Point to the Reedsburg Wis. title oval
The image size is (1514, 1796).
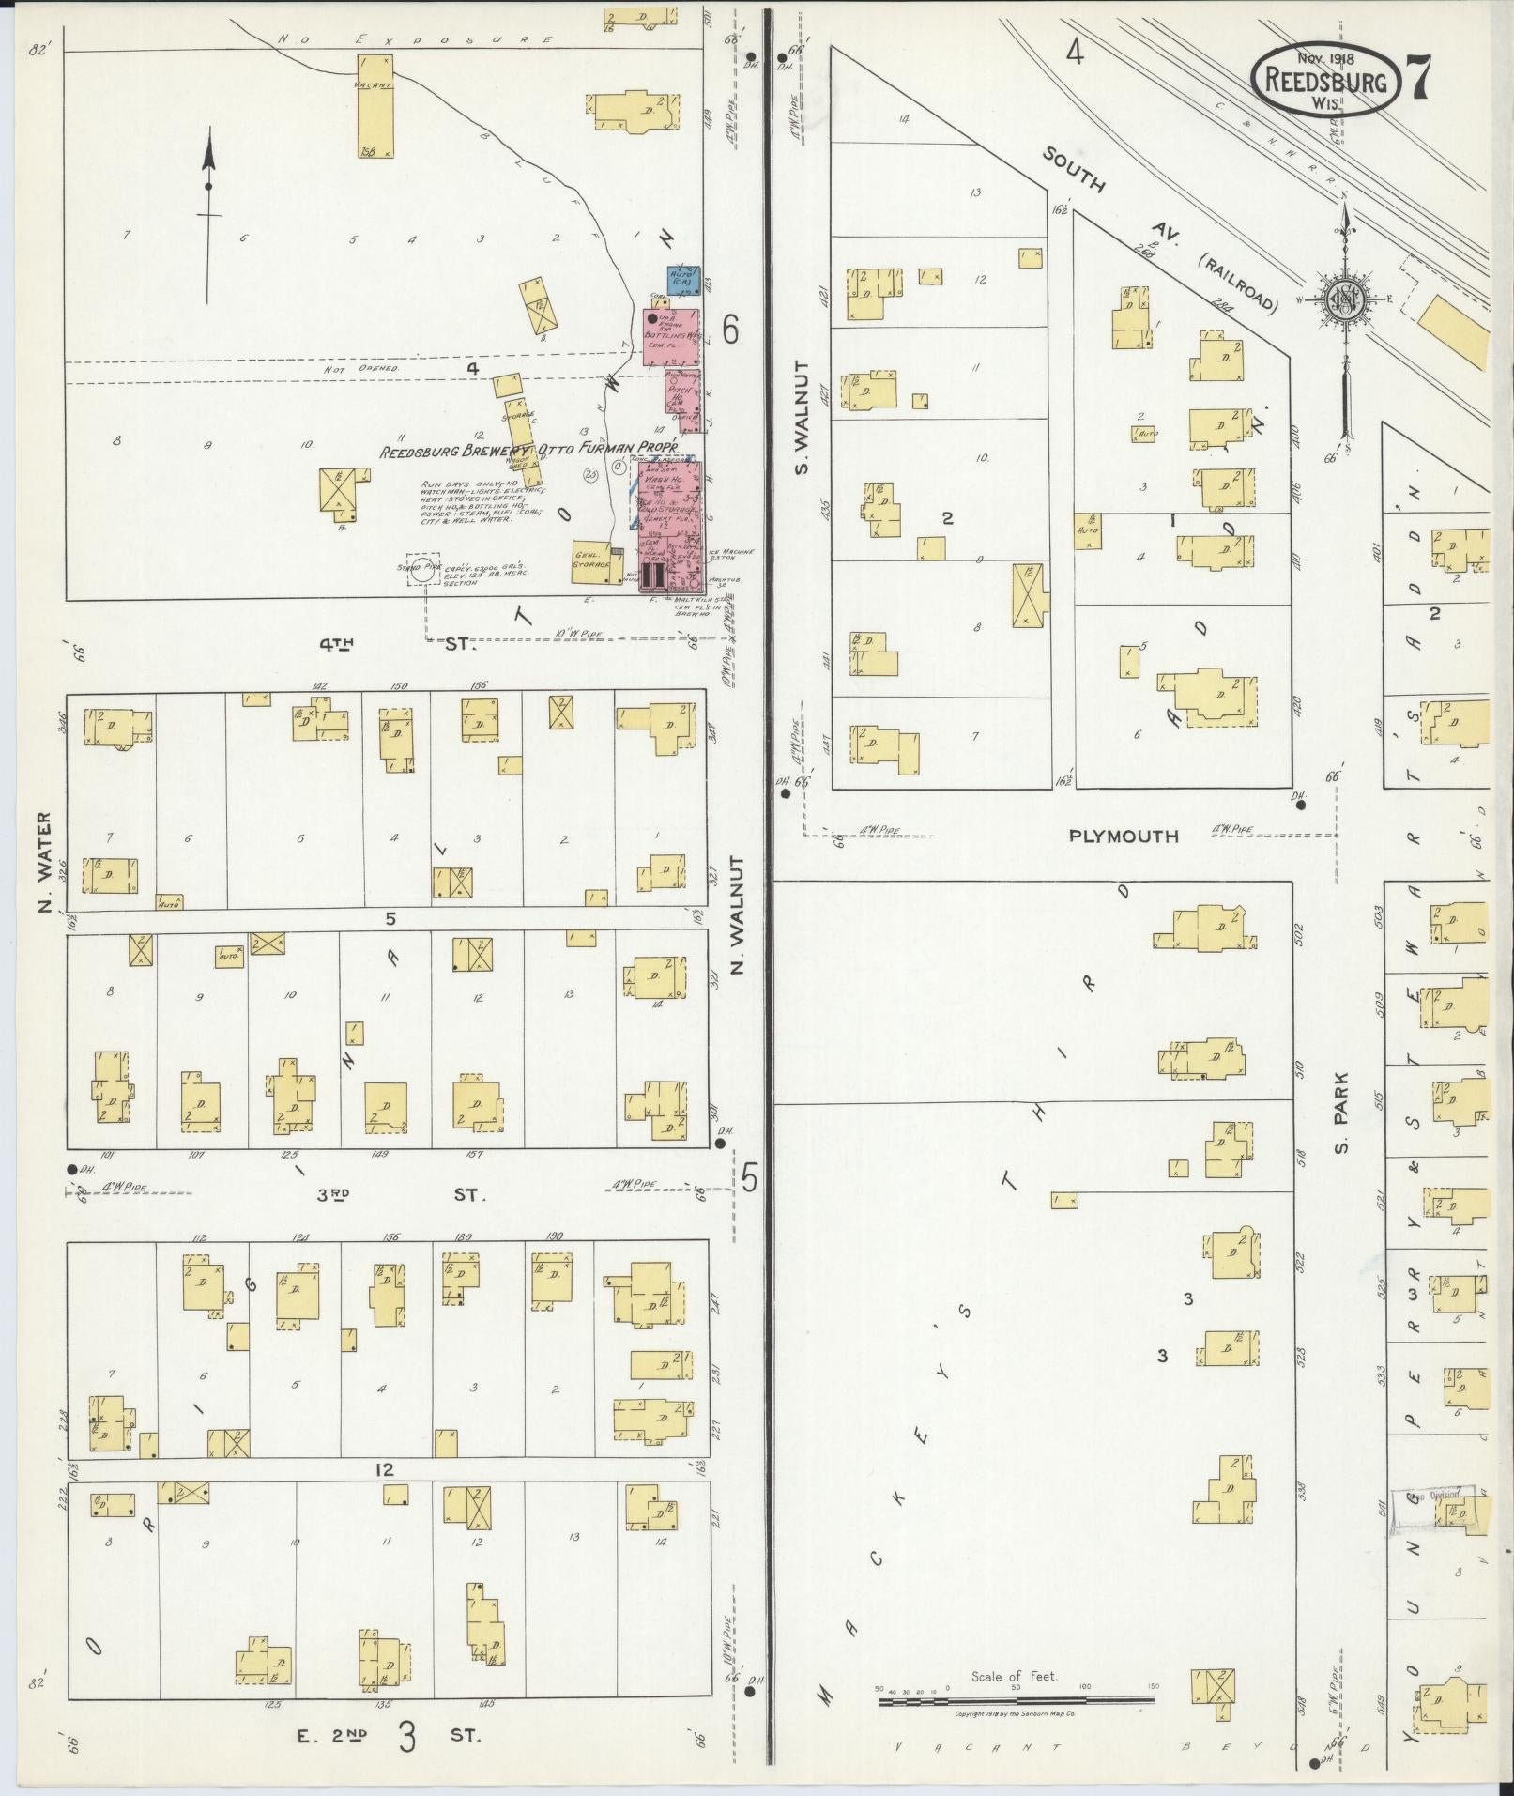1326,83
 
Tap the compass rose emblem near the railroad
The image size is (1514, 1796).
1345,299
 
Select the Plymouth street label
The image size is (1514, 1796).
1124,836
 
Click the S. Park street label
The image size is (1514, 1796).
1341,1113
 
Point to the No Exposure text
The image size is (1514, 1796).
415,39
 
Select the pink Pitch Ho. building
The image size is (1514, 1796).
681,399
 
